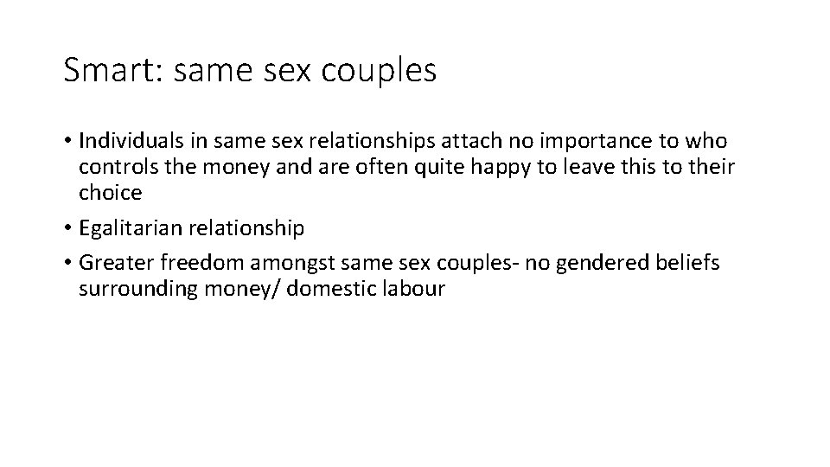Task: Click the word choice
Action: pyautogui.click(x=110, y=193)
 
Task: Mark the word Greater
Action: pyautogui.click(x=112, y=262)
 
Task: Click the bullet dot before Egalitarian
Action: pyautogui.click(x=67, y=229)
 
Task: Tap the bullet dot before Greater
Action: pyautogui.click(x=67, y=262)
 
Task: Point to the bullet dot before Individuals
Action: pyautogui.click(x=67, y=141)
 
